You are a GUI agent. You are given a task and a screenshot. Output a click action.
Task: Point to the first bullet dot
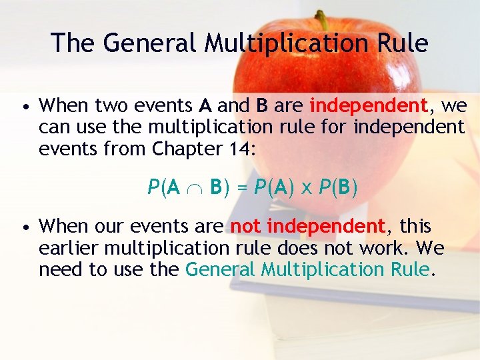(24, 107)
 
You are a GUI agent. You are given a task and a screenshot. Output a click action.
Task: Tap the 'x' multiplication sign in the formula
(307, 189)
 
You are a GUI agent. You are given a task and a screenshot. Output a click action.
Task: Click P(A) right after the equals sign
(273, 189)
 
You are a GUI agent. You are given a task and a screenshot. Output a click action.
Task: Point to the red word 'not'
(245, 227)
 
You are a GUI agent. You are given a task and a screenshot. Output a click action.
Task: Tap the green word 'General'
(220, 269)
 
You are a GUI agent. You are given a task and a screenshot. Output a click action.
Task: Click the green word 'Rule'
(413, 269)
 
